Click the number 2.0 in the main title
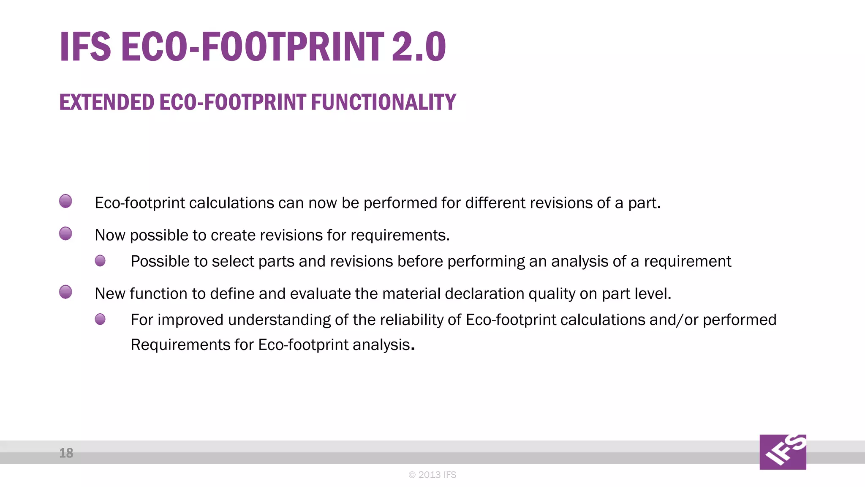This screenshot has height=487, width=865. click(x=418, y=47)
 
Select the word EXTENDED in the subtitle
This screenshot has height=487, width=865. click(x=107, y=102)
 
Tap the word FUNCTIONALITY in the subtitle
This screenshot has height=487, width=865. click(x=383, y=102)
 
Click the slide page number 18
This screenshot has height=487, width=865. click(x=66, y=453)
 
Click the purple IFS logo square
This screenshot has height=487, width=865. click(x=783, y=452)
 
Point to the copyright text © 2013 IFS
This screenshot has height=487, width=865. click(x=432, y=475)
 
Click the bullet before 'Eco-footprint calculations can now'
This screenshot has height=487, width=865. click(x=65, y=201)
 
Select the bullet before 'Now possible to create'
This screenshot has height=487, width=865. click(x=65, y=233)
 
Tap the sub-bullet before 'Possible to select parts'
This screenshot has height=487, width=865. click(x=100, y=261)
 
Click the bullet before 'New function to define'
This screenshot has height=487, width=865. click(x=65, y=292)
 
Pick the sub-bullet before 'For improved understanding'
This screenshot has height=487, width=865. click(x=100, y=319)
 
